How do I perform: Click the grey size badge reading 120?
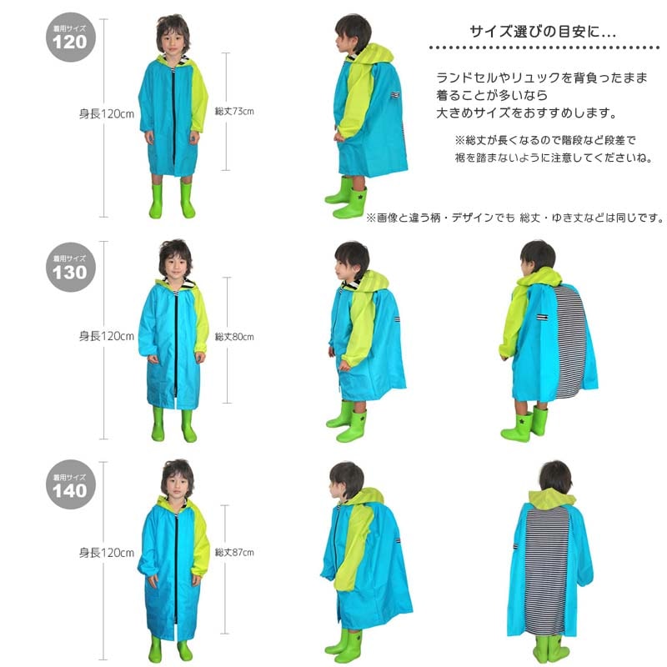[x=71, y=38]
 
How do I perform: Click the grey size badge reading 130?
[x=71, y=267]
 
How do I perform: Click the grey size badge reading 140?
[x=71, y=484]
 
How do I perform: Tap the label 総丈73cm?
[x=234, y=112]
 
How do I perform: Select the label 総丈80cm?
[x=234, y=337]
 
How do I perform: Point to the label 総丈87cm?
[x=234, y=552]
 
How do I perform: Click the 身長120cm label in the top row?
[x=107, y=114]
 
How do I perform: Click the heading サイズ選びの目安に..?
[x=543, y=32]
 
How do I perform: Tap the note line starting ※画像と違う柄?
[x=514, y=218]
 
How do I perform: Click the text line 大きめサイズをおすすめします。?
[x=527, y=113]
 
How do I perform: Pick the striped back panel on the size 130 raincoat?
[x=569, y=340]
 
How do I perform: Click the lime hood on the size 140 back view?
[x=551, y=499]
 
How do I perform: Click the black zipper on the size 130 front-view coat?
[x=175, y=345]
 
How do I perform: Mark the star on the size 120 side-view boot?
[x=359, y=198]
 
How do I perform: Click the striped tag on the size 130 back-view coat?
[x=542, y=317]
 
